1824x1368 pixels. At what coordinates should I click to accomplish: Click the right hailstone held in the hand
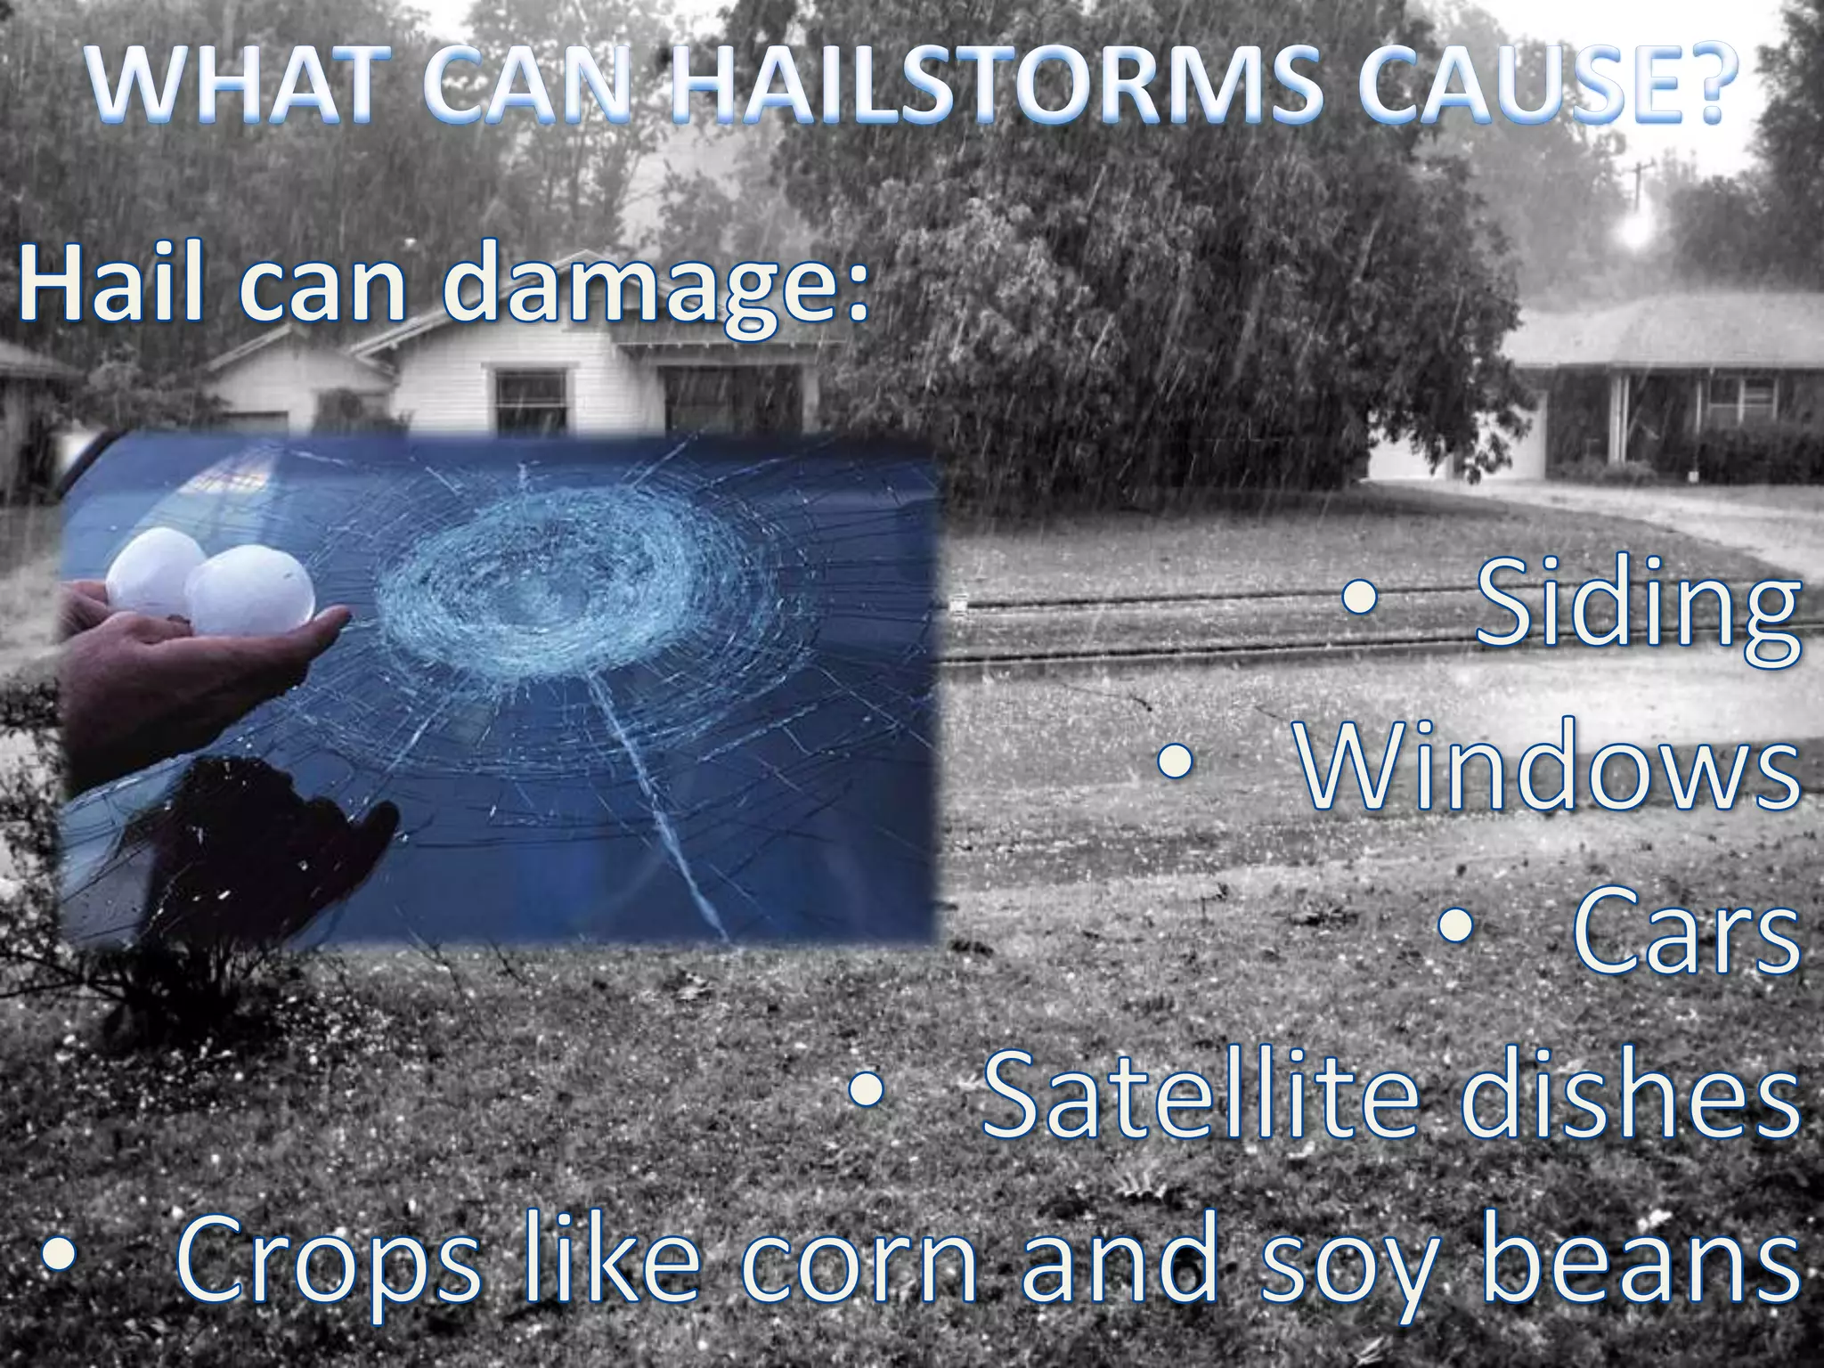point(251,593)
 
